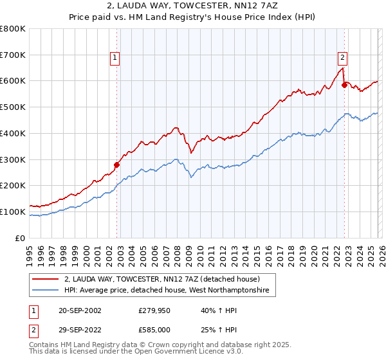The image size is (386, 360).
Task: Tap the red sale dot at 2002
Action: click(x=117, y=165)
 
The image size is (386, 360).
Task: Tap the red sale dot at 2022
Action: click(x=345, y=84)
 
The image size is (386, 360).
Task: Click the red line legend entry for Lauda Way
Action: click(x=161, y=280)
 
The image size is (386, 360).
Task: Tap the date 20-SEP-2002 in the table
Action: click(x=79, y=310)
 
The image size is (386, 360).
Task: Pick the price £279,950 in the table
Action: click(x=152, y=310)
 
